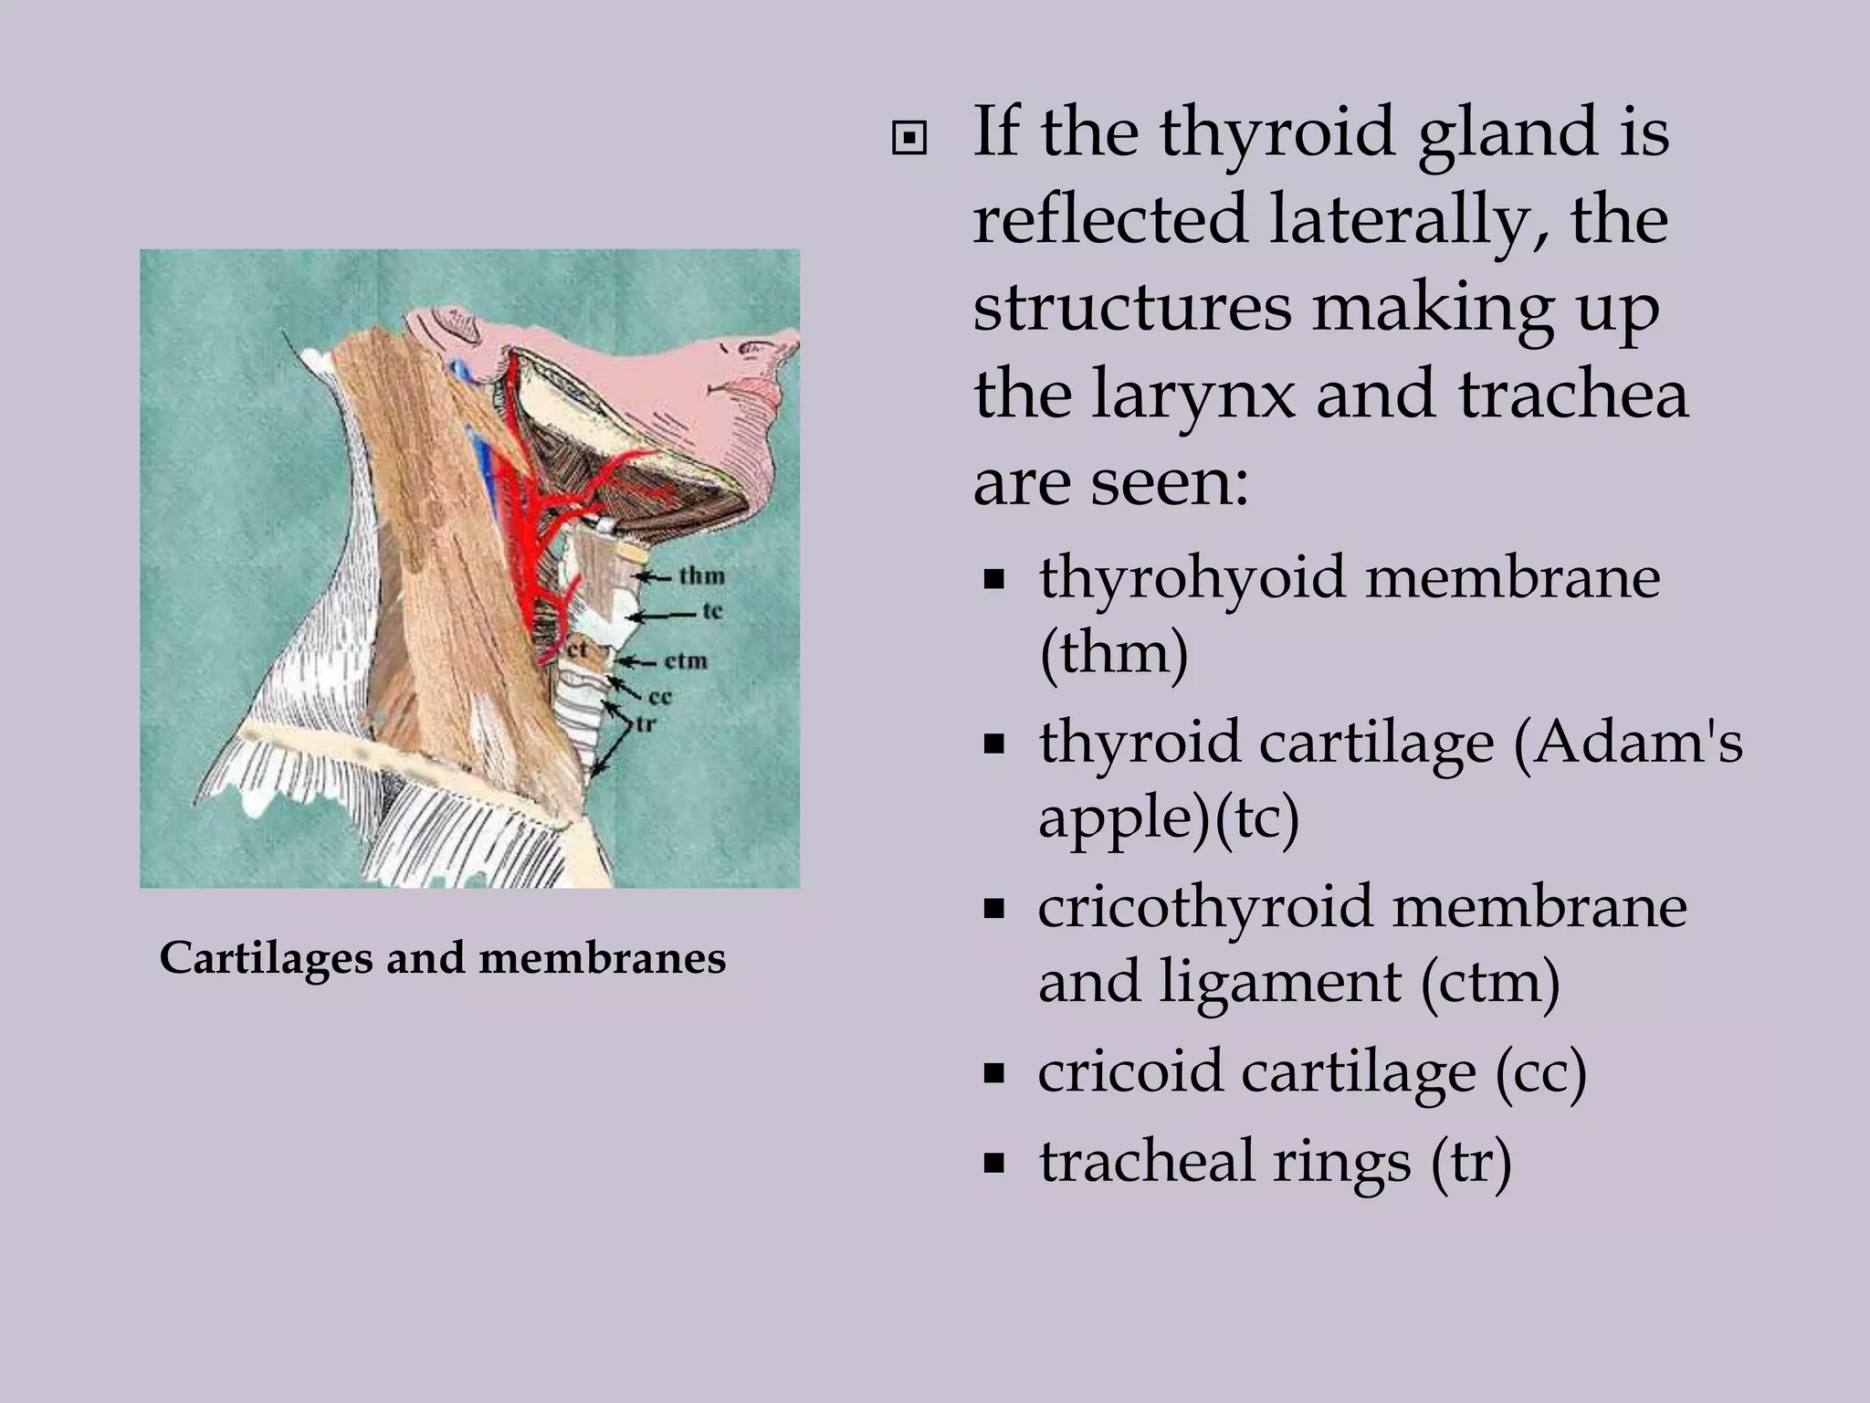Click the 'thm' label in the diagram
701,575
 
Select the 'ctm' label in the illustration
686,659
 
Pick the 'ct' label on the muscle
574,649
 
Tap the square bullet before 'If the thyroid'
909,140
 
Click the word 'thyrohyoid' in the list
1194,578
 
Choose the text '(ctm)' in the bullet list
1489,982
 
